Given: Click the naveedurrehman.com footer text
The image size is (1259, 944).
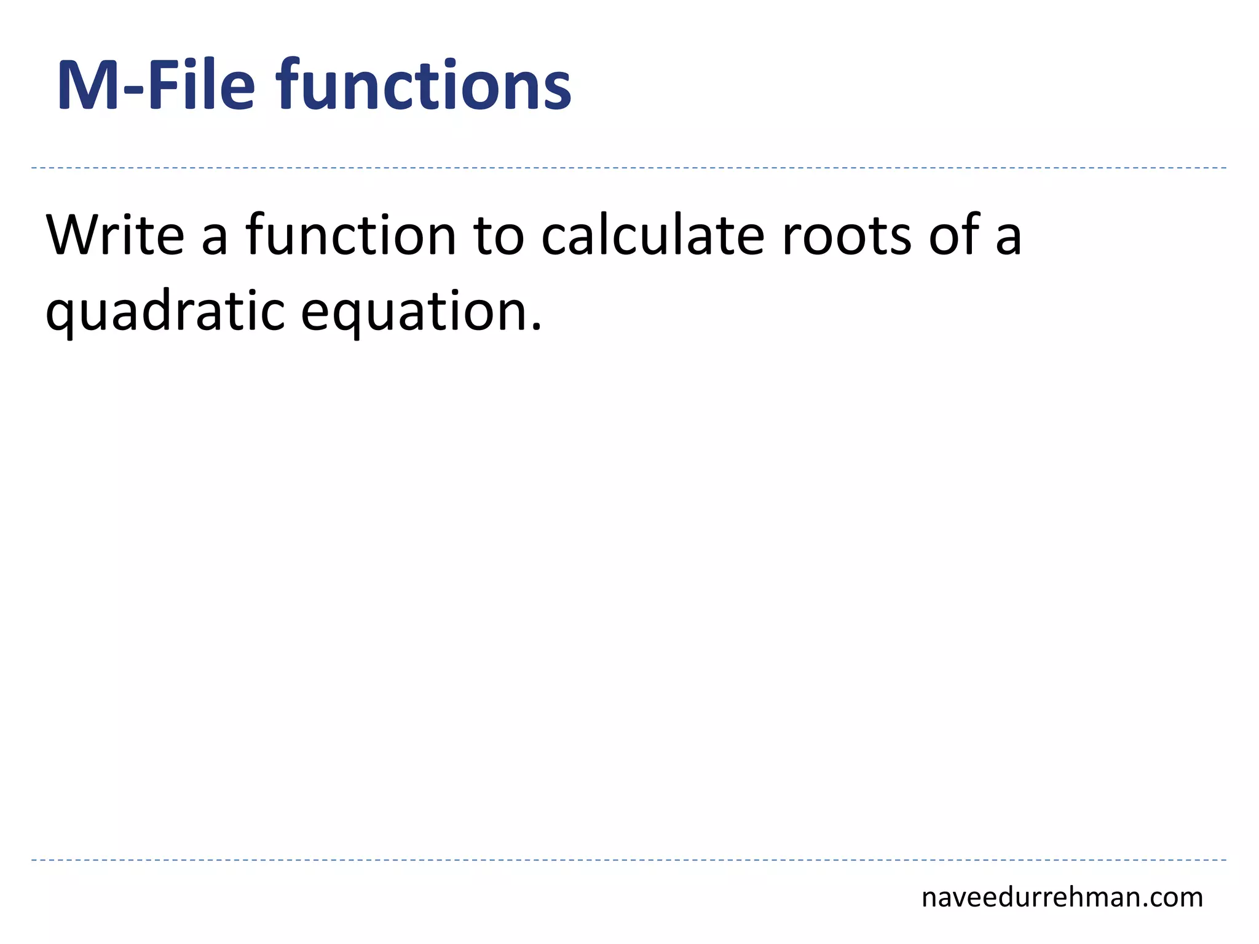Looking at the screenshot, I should tap(1062, 898).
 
